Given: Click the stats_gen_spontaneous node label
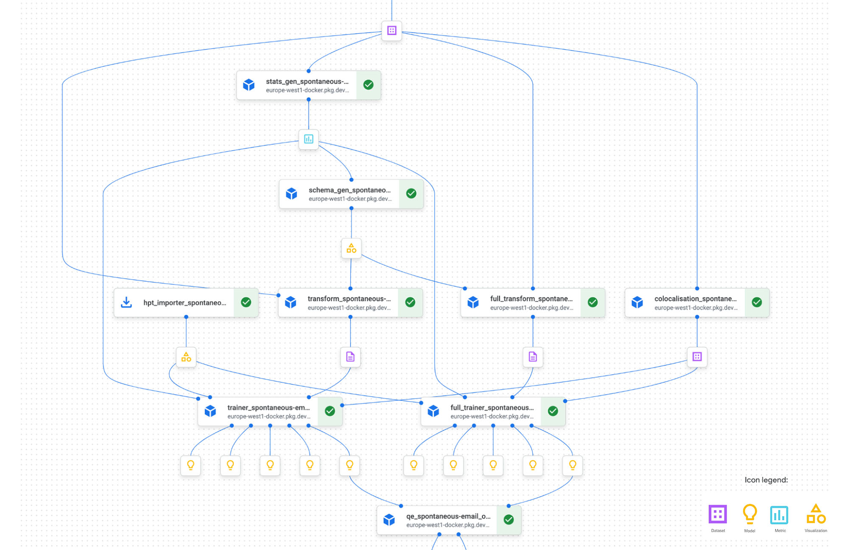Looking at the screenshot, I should [x=307, y=82].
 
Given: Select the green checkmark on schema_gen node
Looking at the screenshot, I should [x=411, y=194].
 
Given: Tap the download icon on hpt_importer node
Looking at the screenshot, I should [x=127, y=302].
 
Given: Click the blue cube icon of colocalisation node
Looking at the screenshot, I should [x=637, y=302].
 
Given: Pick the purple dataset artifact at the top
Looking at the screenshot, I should [x=392, y=31].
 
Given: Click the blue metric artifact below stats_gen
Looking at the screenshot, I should [x=309, y=139].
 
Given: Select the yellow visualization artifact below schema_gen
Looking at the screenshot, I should [x=351, y=248].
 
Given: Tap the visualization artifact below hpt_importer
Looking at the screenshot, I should [x=186, y=357].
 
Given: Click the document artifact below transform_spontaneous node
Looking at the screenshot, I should [x=350, y=357].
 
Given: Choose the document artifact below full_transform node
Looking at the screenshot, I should [x=533, y=357].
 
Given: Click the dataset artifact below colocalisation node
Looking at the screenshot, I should [x=697, y=357].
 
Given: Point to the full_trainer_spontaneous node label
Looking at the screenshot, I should [x=492, y=408].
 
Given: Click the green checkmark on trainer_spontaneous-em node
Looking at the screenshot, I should [x=330, y=411].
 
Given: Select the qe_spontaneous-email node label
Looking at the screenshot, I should [x=448, y=516].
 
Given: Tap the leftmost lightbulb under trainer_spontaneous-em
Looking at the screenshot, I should [x=191, y=465].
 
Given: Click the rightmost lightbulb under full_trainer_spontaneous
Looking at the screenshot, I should [x=572, y=465].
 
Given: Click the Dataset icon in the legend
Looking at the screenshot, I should [x=718, y=514].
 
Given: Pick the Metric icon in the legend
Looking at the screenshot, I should [x=779, y=515].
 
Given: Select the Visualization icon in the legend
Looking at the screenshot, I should [x=816, y=514].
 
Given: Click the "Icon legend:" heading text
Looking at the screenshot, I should [x=766, y=480].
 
